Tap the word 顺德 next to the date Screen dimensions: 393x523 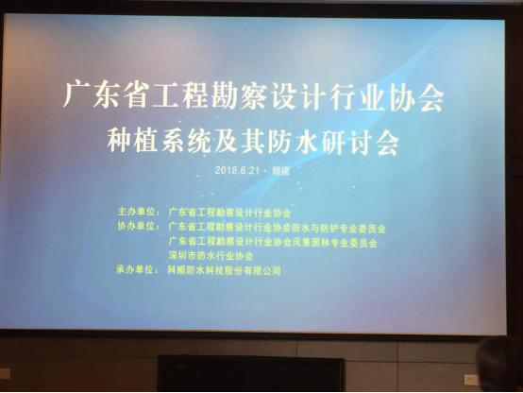[279, 171]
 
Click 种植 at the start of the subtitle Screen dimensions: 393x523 [143, 142]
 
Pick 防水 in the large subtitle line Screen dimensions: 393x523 [306, 142]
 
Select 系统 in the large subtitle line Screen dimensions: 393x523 [197, 142]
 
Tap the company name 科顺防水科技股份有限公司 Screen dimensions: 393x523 [225, 270]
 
